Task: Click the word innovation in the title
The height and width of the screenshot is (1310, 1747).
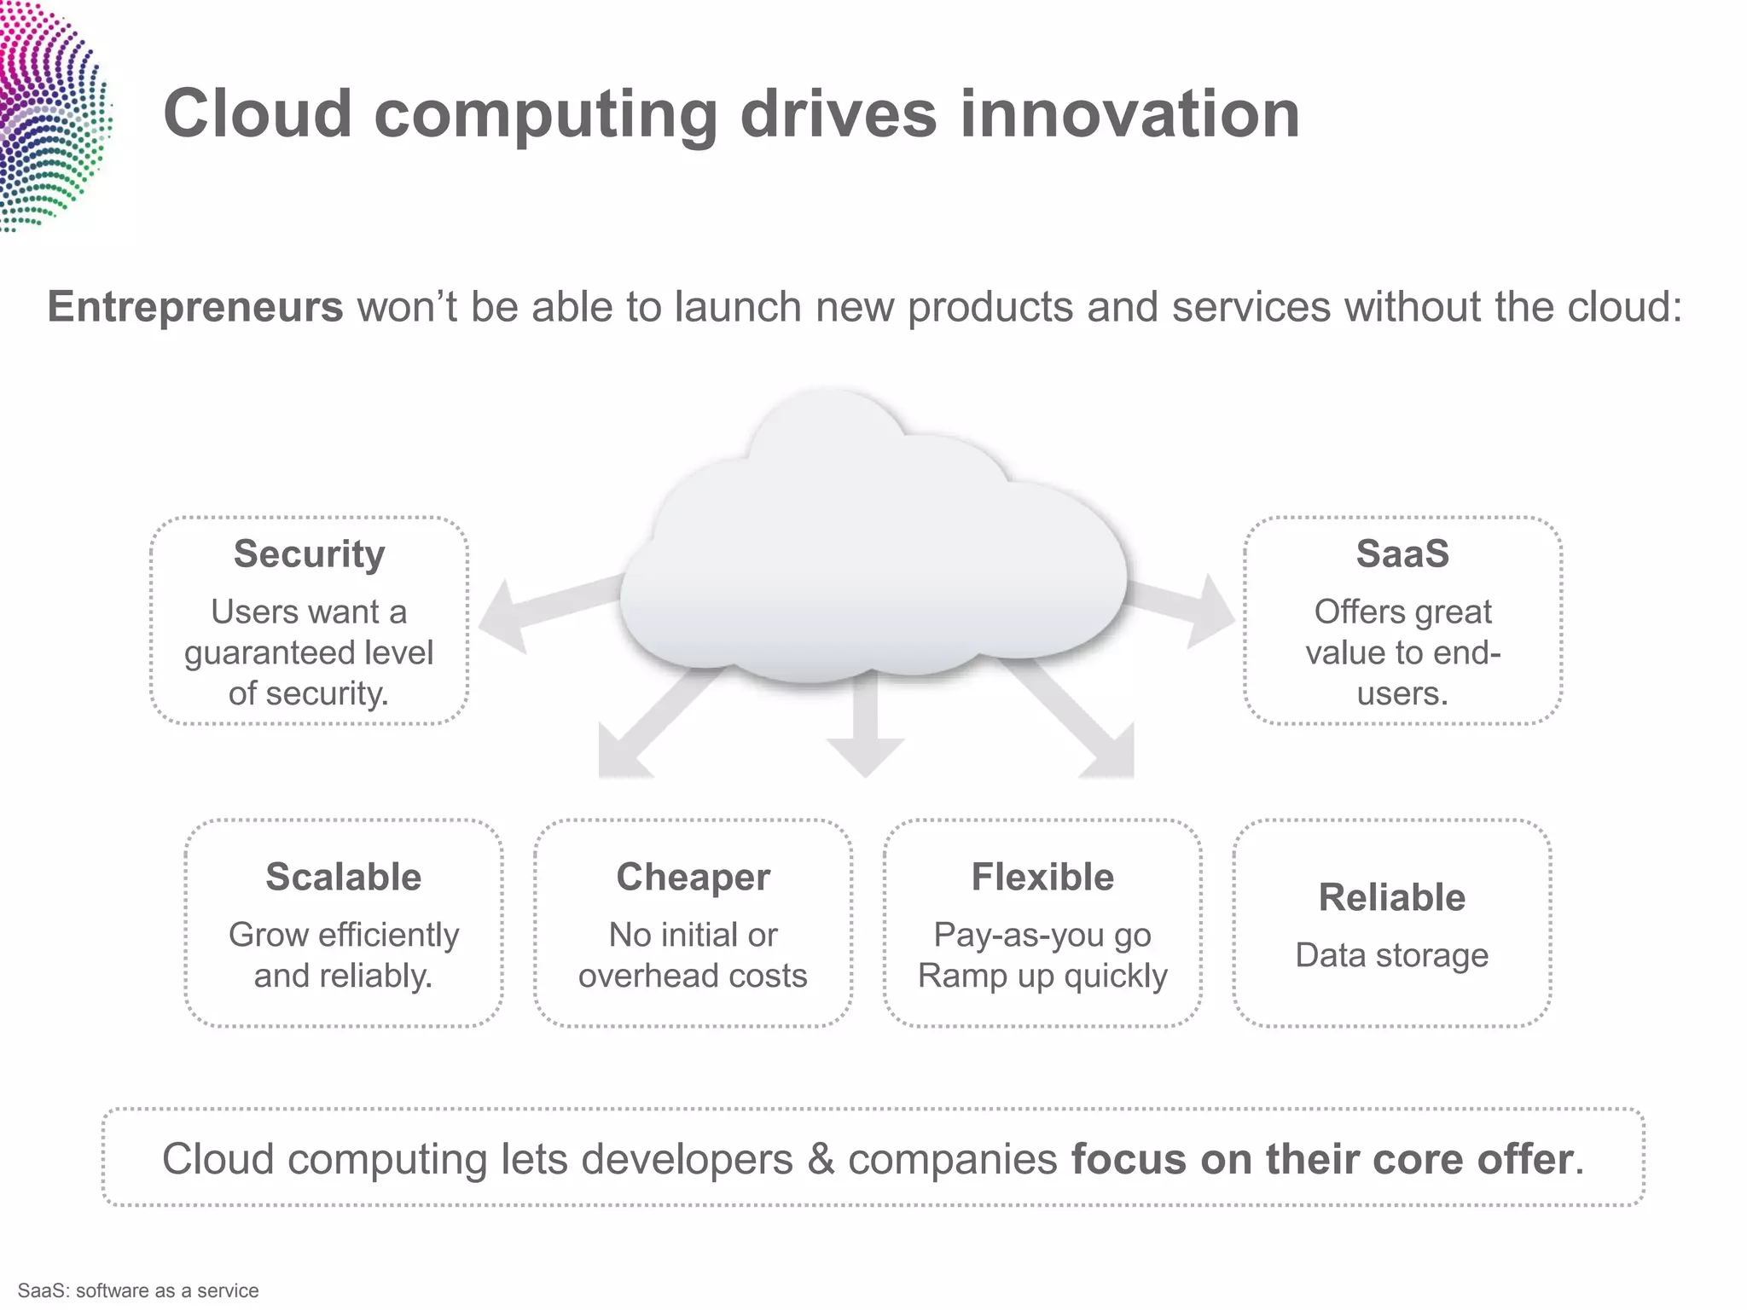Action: [1129, 114]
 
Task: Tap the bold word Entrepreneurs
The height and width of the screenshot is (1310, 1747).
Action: [194, 307]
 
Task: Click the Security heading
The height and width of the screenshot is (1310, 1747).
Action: [309, 554]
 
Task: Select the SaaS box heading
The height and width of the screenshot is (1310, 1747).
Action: [1402, 554]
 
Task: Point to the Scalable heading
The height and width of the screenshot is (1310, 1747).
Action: [343, 878]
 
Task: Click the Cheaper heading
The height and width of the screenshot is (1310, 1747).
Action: [693, 878]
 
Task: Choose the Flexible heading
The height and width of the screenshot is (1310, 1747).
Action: [1042, 878]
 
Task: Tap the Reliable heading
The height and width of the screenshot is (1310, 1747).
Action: [1391, 898]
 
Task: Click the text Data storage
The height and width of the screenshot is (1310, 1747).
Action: [1391, 955]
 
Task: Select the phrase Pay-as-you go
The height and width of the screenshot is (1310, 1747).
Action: [1042, 936]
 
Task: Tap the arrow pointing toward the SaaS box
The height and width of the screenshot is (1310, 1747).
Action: [1190, 606]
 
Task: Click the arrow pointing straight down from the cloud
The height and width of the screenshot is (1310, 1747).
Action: [865, 725]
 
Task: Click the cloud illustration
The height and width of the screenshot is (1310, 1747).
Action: [870, 554]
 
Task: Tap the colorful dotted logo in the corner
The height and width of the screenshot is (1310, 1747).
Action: [51, 115]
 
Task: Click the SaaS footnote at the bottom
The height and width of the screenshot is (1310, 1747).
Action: [138, 1290]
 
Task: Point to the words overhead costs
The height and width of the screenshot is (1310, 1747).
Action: [693, 976]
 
